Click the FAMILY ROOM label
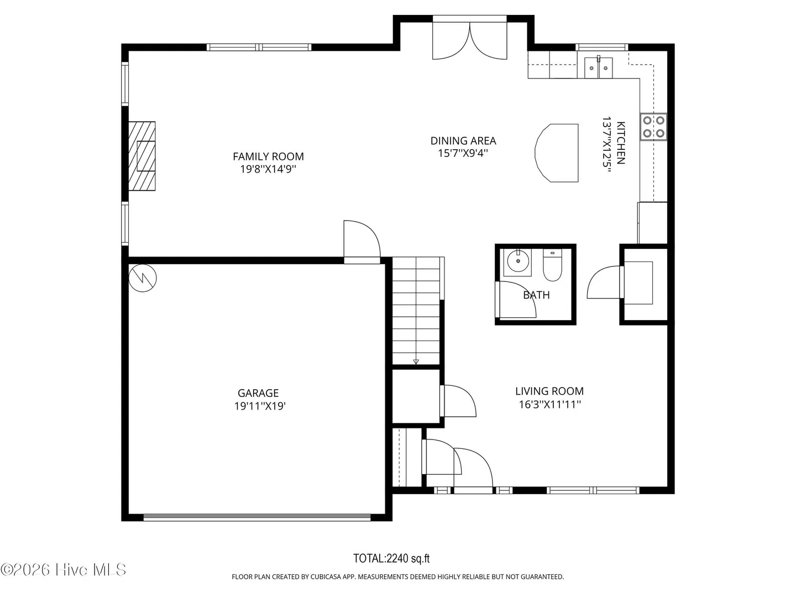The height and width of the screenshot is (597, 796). [x=268, y=156]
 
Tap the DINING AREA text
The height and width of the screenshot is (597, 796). [x=463, y=140]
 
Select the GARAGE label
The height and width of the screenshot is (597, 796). [x=258, y=393]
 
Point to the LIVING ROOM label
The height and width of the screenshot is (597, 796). [x=549, y=391]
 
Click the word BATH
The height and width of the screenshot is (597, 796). [x=536, y=295]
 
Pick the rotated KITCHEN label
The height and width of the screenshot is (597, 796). [x=621, y=143]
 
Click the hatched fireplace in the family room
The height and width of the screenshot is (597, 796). [x=142, y=156]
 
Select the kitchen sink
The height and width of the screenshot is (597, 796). [x=598, y=68]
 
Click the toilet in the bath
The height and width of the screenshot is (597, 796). [x=552, y=265]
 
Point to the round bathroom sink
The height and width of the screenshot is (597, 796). [x=518, y=260]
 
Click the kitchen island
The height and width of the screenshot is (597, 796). [x=557, y=153]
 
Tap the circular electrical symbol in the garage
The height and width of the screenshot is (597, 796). [x=143, y=278]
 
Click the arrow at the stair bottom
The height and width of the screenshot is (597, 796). [x=416, y=362]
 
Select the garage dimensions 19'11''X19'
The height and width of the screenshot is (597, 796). [x=260, y=406]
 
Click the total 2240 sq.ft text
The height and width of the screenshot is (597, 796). [x=391, y=558]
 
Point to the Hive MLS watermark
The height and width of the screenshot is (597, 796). [x=63, y=570]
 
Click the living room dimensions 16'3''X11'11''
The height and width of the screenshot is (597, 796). [x=550, y=404]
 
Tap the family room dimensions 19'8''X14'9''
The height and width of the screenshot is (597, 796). [x=268, y=169]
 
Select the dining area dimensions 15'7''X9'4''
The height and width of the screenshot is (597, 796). [x=463, y=153]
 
